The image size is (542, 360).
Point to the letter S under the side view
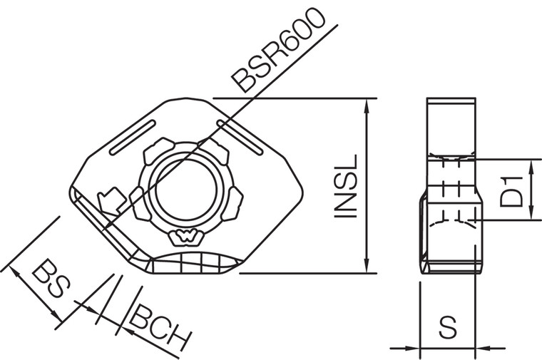coord(448,329)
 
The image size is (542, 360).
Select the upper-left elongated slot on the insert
coord(133,138)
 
